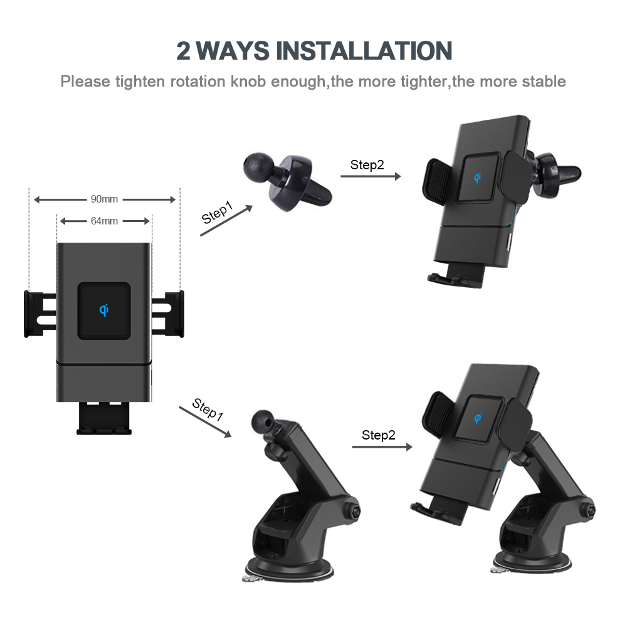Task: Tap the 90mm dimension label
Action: [x=104, y=199]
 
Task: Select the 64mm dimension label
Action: [x=104, y=221]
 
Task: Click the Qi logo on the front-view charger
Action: [x=104, y=310]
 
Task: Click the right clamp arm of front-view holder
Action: [x=168, y=314]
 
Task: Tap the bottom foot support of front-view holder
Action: [x=104, y=418]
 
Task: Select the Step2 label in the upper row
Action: [x=367, y=165]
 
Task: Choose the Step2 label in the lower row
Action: [x=378, y=435]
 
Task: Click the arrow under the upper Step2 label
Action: [x=371, y=176]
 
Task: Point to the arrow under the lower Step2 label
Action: [x=382, y=446]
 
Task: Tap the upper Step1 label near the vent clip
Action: [x=217, y=213]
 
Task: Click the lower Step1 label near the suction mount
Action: [x=208, y=409]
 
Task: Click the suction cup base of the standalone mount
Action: [x=288, y=569]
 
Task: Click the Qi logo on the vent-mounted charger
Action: [x=477, y=177]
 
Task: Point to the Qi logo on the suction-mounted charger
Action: [x=478, y=418]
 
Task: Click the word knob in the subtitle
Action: [x=248, y=82]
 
